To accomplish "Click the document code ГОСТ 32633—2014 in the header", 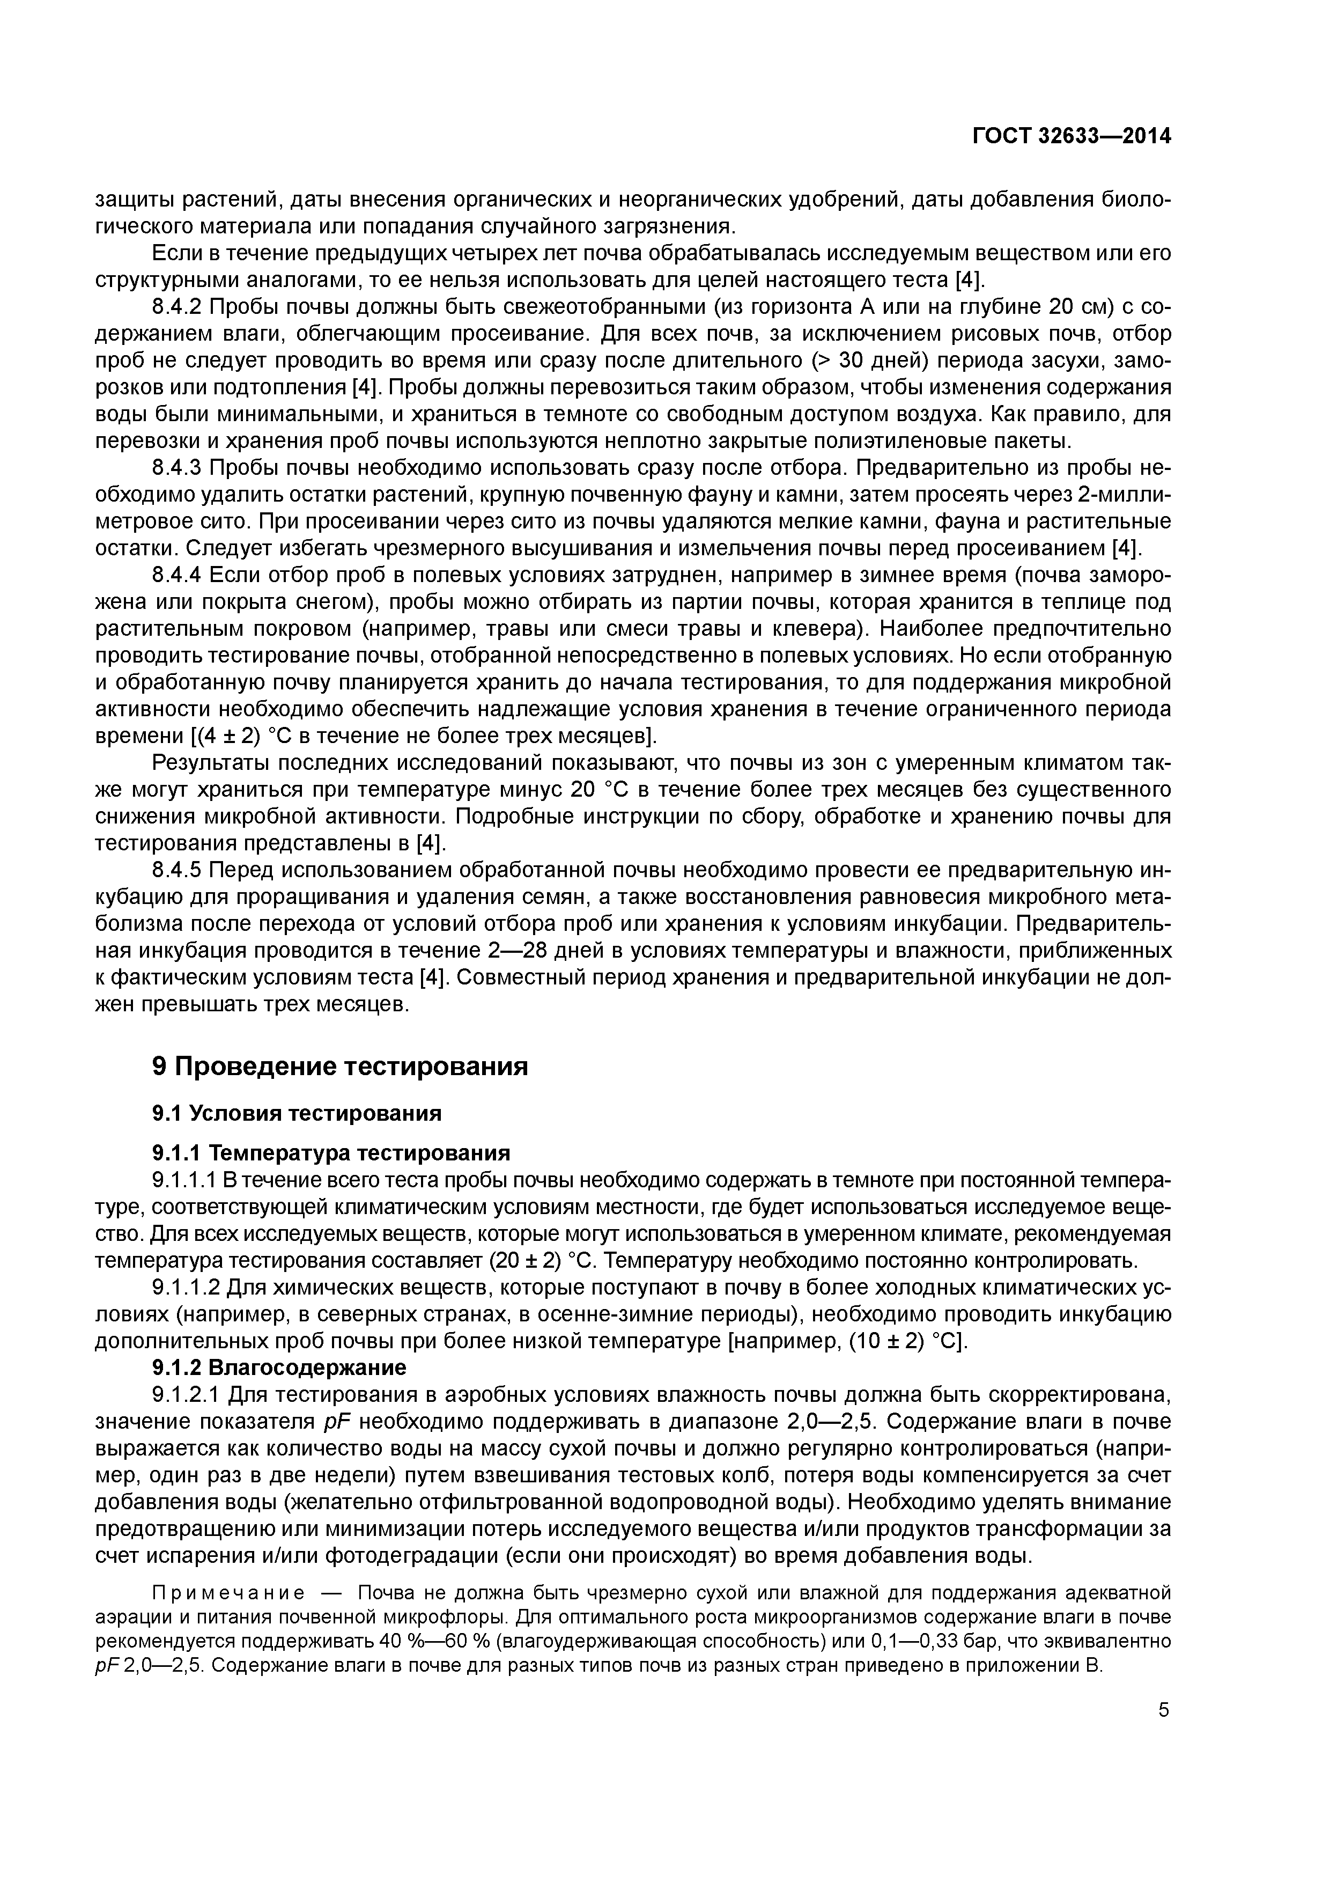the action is tap(1071, 136).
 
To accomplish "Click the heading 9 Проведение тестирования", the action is tap(340, 1067).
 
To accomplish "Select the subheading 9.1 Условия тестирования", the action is tap(297, 1113).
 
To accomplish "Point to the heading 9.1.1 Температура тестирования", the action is tap(331, 1153).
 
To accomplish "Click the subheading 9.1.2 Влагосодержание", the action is tap(279, 1368).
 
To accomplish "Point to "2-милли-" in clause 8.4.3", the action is tap(1122, 495).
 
